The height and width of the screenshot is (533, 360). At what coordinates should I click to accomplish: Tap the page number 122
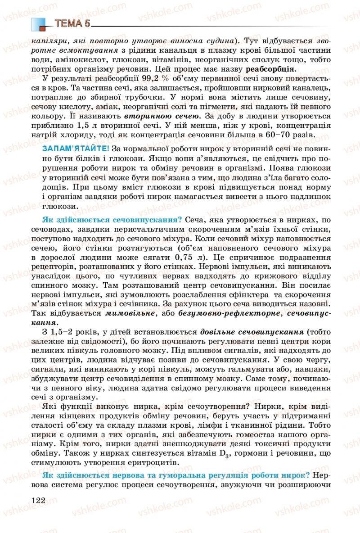39,500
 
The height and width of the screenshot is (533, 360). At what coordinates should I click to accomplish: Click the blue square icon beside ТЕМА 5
39,23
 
